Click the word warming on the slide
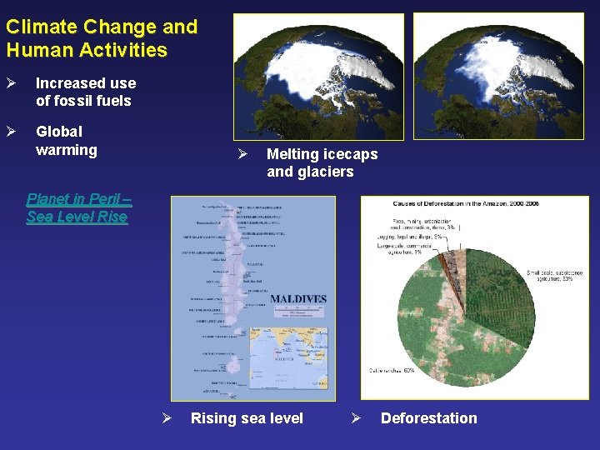(x=66, y=150)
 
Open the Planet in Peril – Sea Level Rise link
(x=77, y=208)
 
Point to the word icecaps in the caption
(x=346, y=154)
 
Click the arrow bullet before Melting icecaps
(x=241, y=154)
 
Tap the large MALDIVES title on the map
(x=298, y=299)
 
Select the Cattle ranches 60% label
(x=392, y=370)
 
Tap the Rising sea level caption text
(x=247, y=418)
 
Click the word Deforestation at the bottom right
(x=428, y=418)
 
